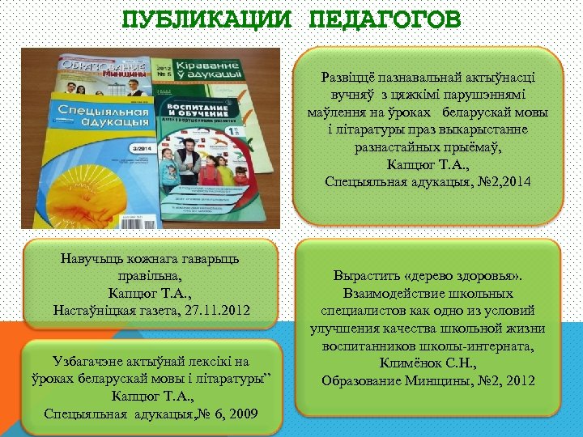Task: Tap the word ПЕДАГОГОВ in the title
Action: coord(385,18)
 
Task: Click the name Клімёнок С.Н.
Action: coord(427,363)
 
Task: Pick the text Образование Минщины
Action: coord(393,380)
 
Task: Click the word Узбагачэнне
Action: coord(92,361)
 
